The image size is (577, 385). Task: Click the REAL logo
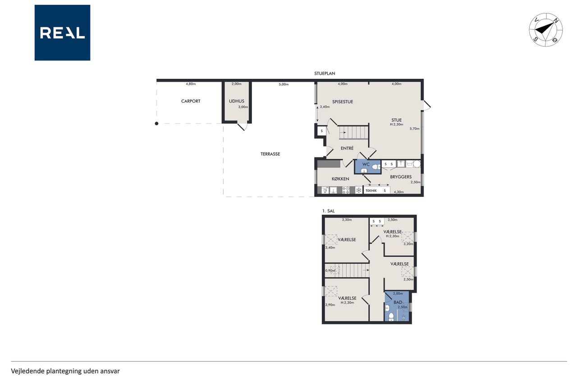(62, 33)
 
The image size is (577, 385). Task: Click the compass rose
(545, 30)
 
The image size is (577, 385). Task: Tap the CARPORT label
(191, 101)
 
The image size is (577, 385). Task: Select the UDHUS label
(237, 101)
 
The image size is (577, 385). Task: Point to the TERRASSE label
(270, 154)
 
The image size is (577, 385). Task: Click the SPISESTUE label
(343, 102)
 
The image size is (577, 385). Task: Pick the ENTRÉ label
(347, 148)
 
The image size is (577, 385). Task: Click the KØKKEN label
(340, 179)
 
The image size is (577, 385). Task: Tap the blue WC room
(368, 167)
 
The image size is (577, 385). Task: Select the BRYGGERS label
(401, 176)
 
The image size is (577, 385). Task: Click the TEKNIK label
(371, 191)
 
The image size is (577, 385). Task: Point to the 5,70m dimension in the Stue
(414, 129)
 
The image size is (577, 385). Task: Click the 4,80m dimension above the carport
(191, 84)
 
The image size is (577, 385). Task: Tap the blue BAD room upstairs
(397, 306)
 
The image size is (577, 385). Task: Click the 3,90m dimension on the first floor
(330, 305)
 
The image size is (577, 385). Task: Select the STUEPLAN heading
(325, 74)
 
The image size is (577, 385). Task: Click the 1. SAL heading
(329, 211)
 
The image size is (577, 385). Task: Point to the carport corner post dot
(156, 124)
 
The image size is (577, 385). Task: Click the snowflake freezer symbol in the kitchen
(358, 190)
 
